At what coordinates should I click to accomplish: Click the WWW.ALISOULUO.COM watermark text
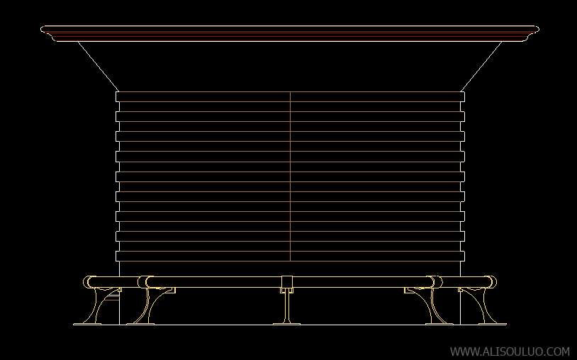[510, 351]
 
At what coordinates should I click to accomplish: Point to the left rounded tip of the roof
[42, 30]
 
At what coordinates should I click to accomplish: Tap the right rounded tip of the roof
[537, 30]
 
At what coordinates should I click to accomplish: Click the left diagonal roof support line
[99, 66]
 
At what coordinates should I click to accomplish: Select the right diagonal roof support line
[481, 66]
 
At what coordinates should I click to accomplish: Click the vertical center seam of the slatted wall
[291, 176]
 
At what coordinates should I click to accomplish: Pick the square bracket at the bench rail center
[287, 282]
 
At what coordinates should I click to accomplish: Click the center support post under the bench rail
[287, 306]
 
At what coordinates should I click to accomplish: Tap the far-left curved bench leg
[99, 305]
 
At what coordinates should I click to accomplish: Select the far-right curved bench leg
[481, 305]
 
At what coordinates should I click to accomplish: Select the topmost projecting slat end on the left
[118, 96]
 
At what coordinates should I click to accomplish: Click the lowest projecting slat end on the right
[463, 257]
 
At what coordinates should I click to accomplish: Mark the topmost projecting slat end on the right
[463, 96]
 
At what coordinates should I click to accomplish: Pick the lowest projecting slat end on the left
[118, 257]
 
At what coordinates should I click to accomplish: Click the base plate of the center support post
[286, 324]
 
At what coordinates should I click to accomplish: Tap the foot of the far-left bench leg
[87, 324]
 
